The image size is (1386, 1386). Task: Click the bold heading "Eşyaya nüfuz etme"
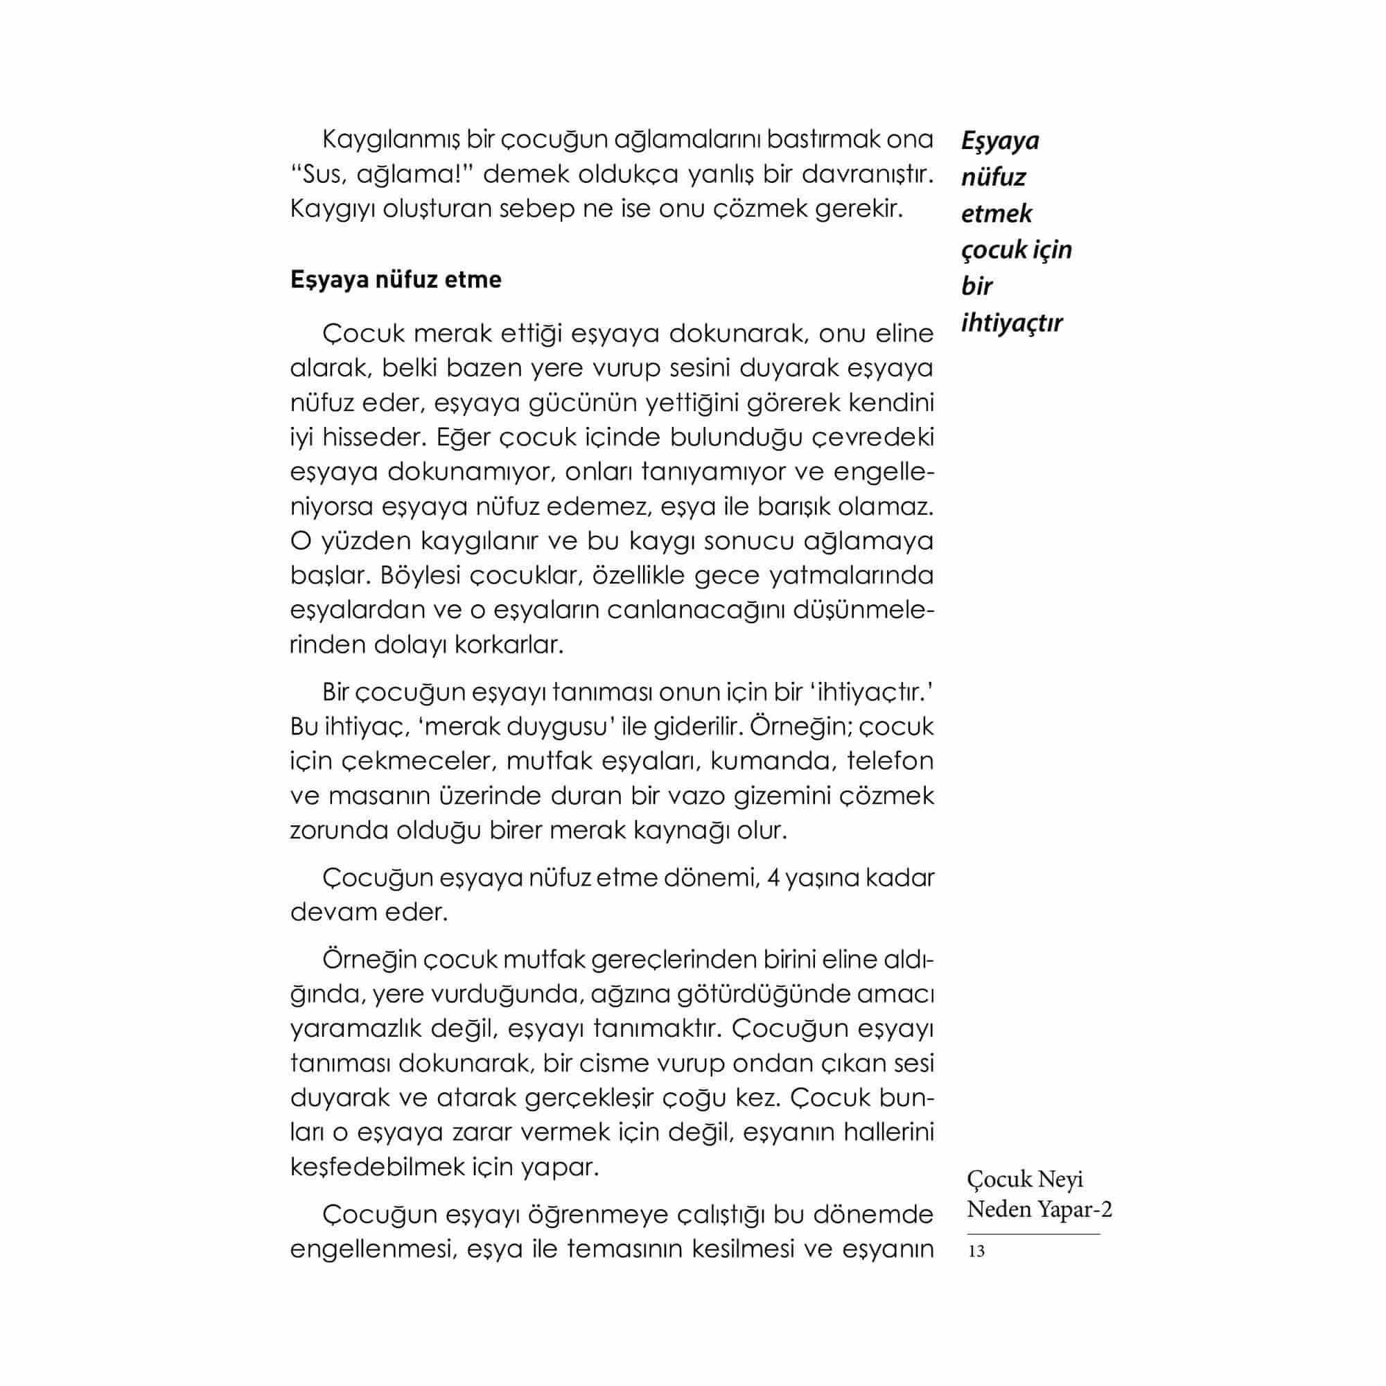(395, 280)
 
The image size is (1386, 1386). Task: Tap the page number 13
(976, 1251)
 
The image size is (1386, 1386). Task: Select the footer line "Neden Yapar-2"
(1039, 1209)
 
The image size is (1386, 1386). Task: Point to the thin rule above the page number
(1033, 1234)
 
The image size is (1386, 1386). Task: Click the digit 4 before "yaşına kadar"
(773, 878)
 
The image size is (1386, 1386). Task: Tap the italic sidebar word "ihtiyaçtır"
(1012, 324)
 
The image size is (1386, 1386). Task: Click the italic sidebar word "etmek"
(997, 213)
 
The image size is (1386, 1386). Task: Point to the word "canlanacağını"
(692, 611)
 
